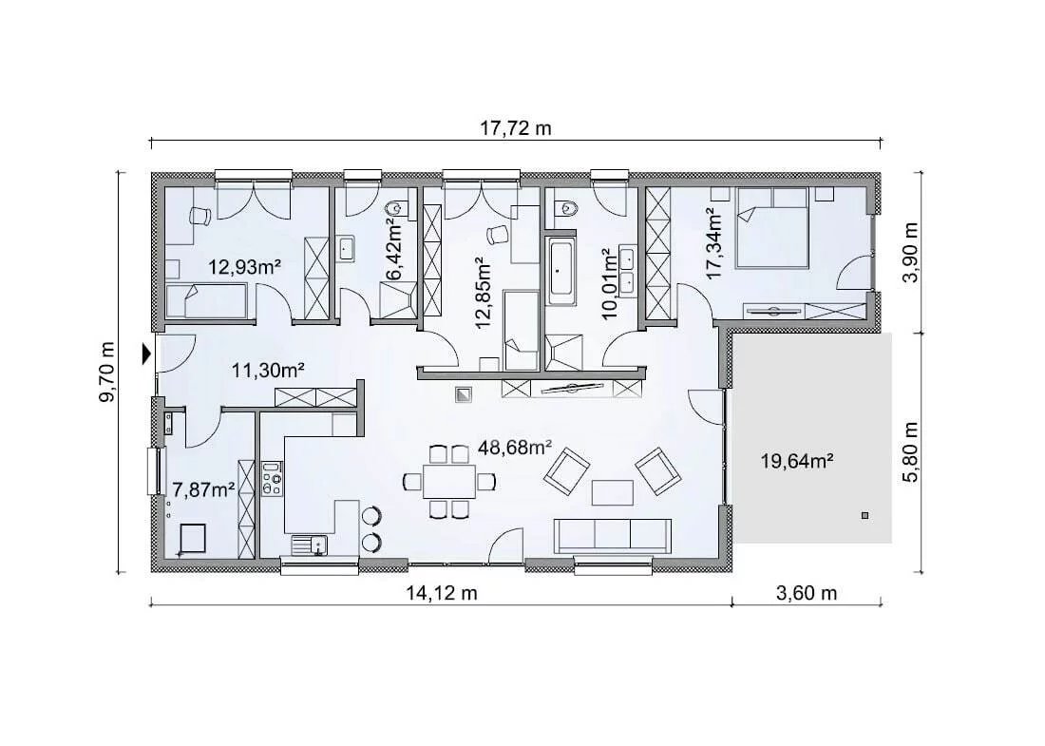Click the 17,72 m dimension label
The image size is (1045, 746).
(516, 128)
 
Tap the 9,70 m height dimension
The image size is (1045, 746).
(106, 372)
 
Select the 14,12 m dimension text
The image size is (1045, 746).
(442, 593)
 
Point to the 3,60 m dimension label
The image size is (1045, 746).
(807, 593)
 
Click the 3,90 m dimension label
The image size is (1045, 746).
(911, 253)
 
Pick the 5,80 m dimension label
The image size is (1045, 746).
(911, 451)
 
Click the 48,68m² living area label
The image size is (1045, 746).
(515, 448)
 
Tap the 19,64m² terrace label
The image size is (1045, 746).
(797, 461)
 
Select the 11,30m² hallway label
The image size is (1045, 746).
(268, 370)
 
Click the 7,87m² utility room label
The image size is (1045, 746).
(203, 490)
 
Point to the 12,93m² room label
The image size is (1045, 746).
(244, 268)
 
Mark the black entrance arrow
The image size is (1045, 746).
(146, 354)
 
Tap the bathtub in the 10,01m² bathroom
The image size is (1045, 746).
(561, 271)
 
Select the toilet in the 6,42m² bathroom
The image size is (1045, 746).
(399, 208)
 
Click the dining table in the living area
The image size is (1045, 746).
(449, 481)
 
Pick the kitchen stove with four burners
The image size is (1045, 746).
(272, 478)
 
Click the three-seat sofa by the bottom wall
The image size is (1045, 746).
(613, 536)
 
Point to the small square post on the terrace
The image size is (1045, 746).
(865, 515)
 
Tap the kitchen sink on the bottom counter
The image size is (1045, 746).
(310, 545)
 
